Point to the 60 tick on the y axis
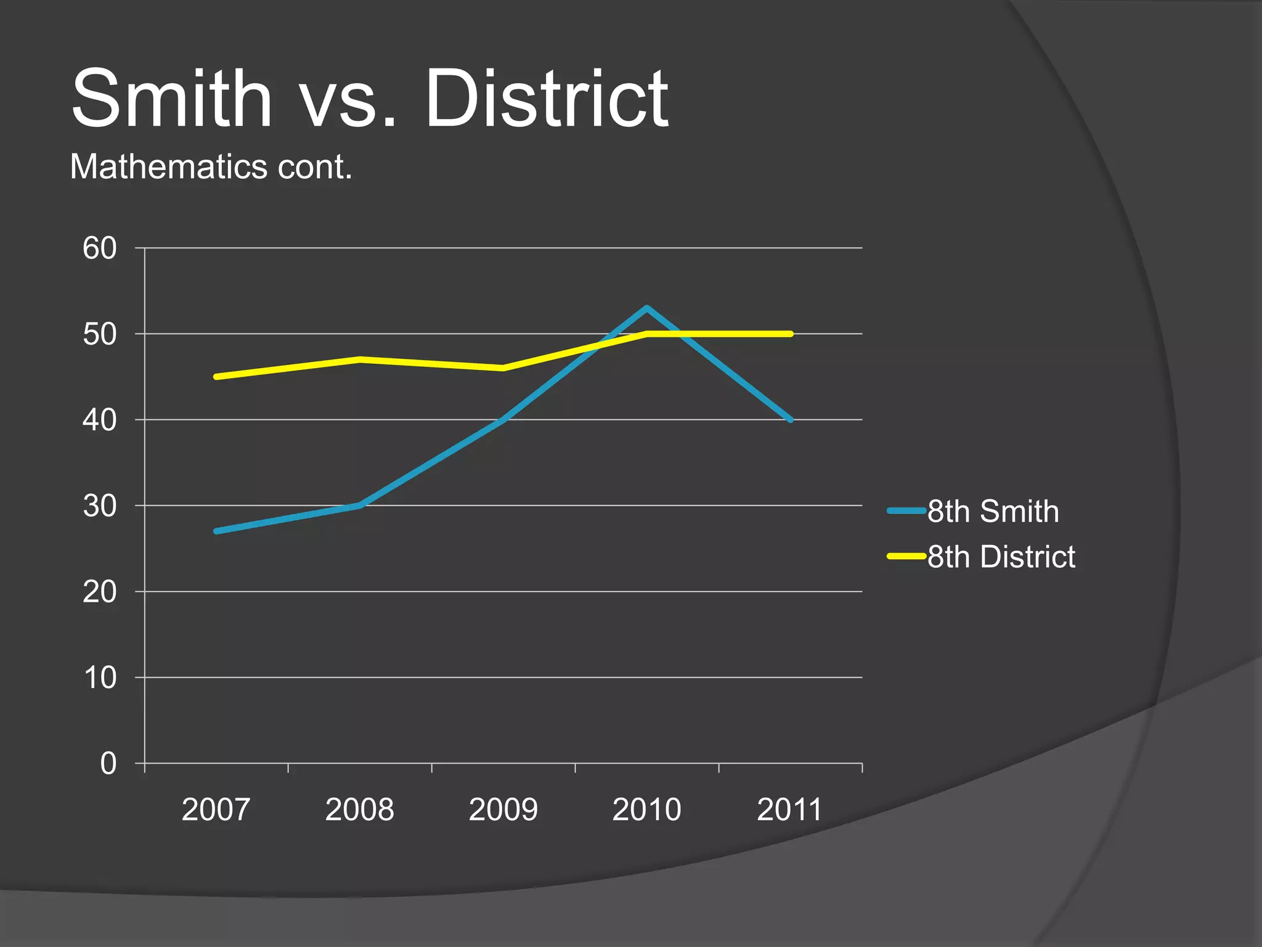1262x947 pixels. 100,248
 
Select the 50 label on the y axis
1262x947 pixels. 100,334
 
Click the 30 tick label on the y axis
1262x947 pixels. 100,506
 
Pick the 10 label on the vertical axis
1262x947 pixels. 100,678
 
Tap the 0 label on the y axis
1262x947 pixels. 108,764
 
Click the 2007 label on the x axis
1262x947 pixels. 216,810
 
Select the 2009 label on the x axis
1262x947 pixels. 503,810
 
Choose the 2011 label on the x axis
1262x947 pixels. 789,810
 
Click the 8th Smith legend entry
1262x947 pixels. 993,511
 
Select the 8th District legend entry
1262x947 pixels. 1001,557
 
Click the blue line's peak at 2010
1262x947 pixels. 646,308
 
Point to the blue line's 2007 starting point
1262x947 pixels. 216,531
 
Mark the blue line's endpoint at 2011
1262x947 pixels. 790,419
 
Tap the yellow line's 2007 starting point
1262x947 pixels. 216,376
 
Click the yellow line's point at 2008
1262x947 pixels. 360,359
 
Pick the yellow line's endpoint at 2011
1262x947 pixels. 790,334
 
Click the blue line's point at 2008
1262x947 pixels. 360,506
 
